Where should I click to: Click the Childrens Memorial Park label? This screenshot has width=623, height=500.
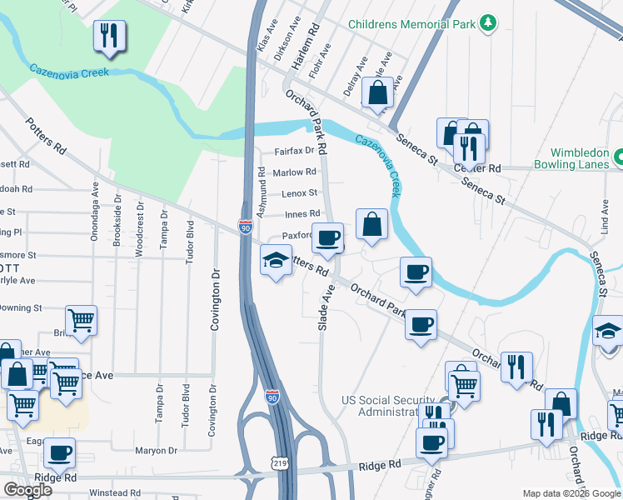coord(411,25)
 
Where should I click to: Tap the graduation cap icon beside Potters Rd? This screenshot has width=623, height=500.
coord(276,261)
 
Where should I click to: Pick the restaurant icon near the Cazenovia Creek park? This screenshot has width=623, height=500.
coord(109,36)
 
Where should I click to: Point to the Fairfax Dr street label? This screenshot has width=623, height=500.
coord(295,151)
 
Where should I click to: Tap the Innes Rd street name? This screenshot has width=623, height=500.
coord(302,213)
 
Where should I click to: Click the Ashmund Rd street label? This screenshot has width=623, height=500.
coord(261,192)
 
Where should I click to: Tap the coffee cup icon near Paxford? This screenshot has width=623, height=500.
coord(328,238)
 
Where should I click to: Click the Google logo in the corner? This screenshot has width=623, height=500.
coord(27,490)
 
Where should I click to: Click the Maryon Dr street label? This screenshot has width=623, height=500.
coord(156,450)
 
